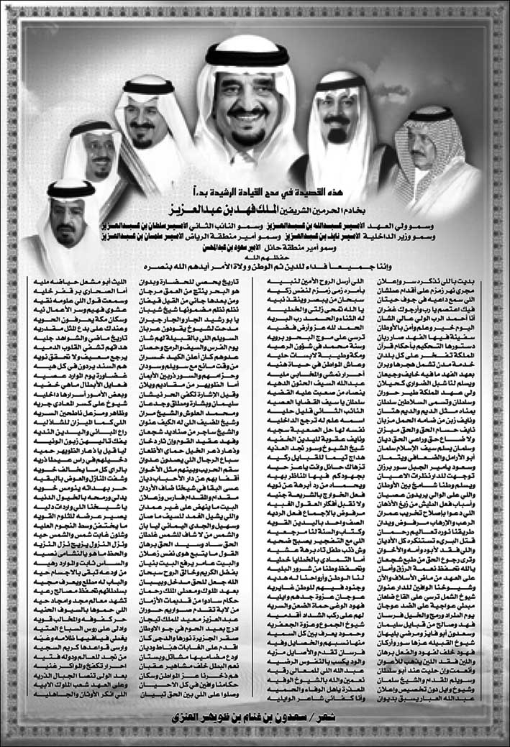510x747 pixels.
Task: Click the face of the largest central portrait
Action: click(247, 108)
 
